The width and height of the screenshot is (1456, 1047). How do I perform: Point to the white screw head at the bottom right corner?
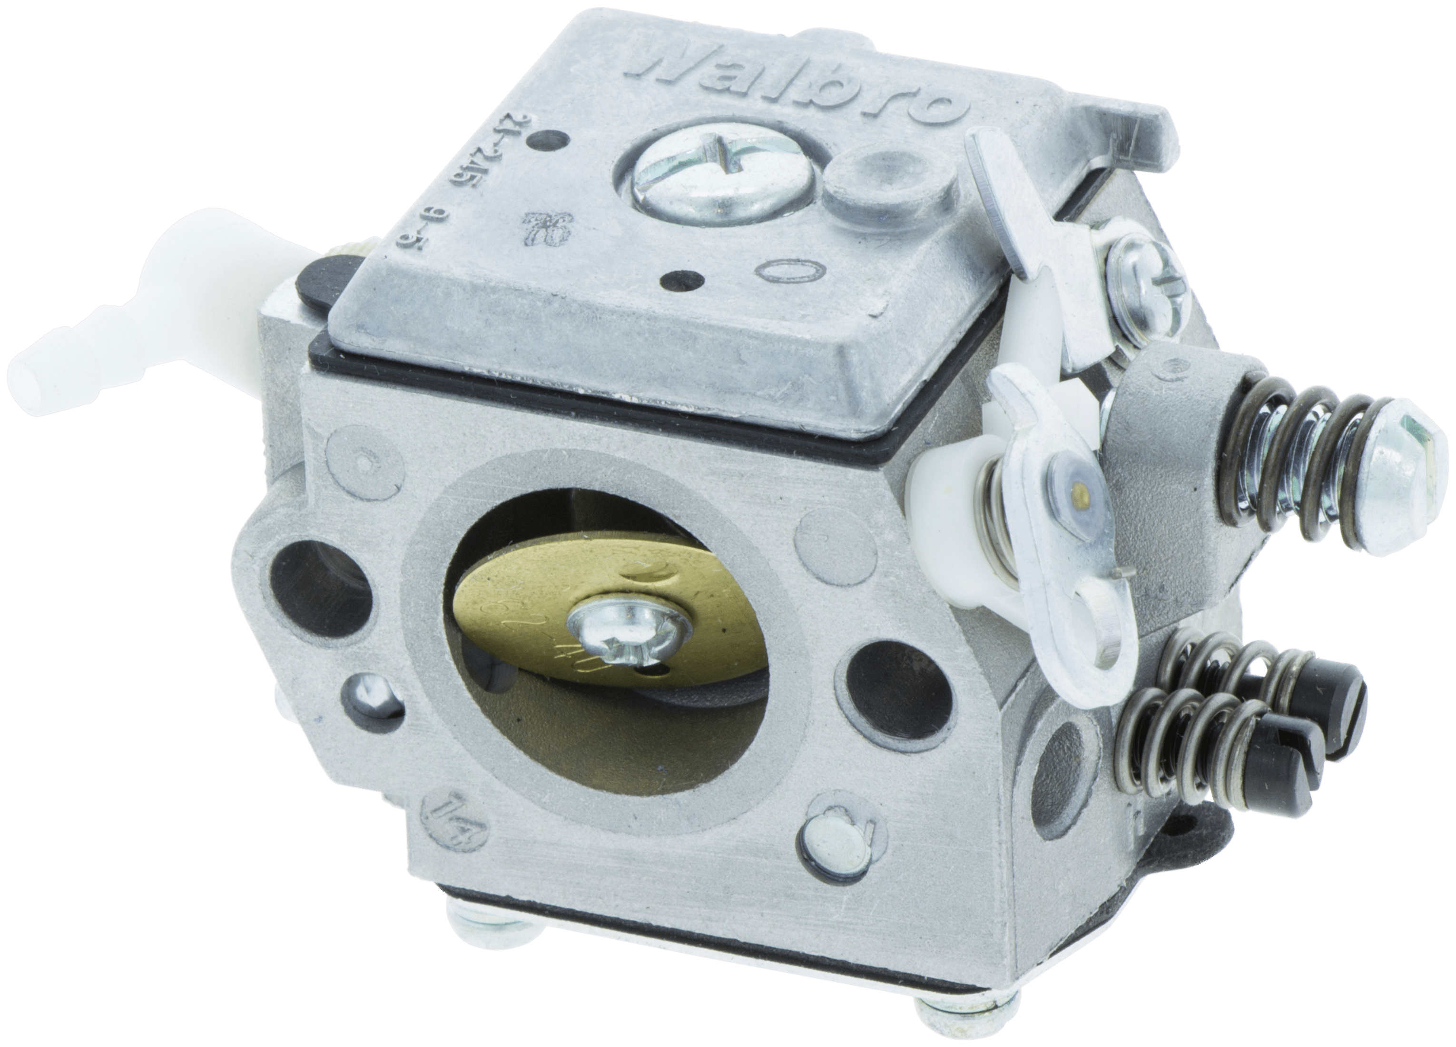(944, 1018)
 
